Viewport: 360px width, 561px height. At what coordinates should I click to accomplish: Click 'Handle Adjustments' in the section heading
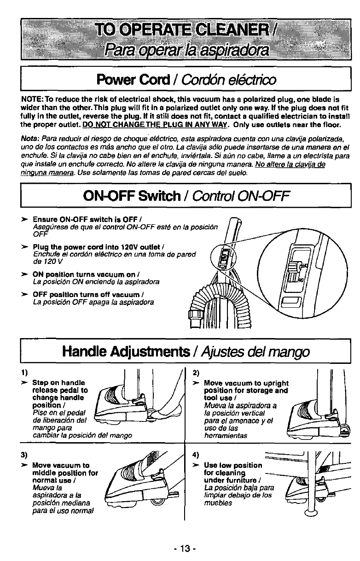click(124, 352)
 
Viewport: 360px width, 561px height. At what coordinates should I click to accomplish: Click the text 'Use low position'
click(232, 465)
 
